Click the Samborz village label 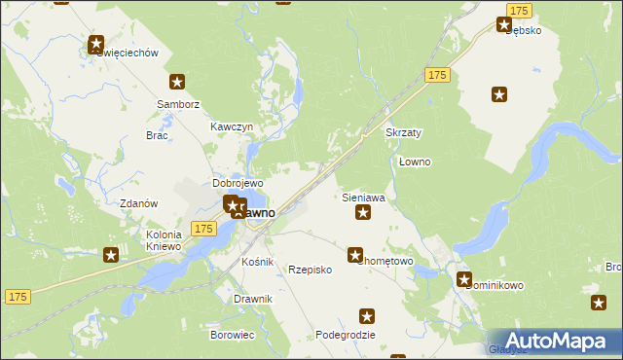tap(177, 103)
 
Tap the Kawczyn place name tap(232, 127)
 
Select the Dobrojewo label tap(238, 183)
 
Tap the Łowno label tap(415, 161)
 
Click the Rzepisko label tap(311, 270)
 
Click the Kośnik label tap(258, 263)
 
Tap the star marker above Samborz tap(177, 83)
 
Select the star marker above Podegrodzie tap(367, 315)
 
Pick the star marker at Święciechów tap(96, 44)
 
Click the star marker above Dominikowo tap(464, 279)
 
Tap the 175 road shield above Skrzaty tap(435, 75)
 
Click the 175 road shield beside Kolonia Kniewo tap(202, 228)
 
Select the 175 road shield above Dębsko tap(519, 9)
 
